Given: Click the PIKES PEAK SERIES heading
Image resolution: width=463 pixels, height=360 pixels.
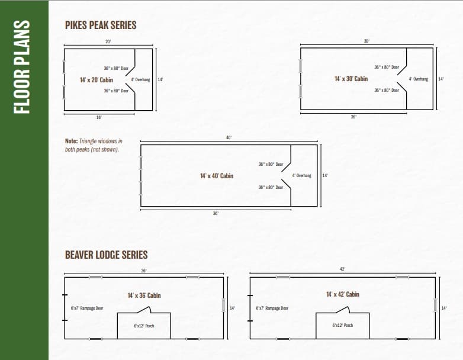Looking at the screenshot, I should point(101,25).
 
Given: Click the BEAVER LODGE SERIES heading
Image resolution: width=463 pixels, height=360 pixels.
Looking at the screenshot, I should point(106,255).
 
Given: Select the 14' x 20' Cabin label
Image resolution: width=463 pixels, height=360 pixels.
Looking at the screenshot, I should point(96,79).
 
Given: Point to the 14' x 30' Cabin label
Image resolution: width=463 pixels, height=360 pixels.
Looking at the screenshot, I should point(351,79).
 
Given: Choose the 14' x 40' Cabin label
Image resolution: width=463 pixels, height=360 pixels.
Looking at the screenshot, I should point(217,176).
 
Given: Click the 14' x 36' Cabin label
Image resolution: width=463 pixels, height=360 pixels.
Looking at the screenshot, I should point(144,295).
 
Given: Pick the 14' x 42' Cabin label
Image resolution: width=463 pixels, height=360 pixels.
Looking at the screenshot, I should point(342,294).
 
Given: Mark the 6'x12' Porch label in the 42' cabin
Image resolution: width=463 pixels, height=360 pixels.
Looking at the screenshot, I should point(343,326).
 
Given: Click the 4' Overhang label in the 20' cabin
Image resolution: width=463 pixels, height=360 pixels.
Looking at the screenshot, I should point(140,79).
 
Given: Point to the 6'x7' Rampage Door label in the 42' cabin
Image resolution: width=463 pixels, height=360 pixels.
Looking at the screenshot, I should point(272,308).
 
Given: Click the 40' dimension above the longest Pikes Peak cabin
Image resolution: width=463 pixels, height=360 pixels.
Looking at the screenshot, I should point(229,137).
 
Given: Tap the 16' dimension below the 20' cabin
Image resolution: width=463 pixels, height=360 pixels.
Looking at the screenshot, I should point(99,117).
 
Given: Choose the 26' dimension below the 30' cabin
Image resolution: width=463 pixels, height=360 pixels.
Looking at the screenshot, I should point(353,117).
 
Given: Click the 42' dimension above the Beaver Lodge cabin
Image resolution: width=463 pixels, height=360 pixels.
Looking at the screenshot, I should point(342,269).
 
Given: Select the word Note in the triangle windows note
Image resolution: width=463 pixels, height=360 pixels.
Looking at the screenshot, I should point(71,142).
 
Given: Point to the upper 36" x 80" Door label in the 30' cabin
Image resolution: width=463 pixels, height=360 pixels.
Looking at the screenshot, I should point(387,67).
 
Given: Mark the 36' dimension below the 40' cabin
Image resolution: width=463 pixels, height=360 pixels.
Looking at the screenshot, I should point(216,213).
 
